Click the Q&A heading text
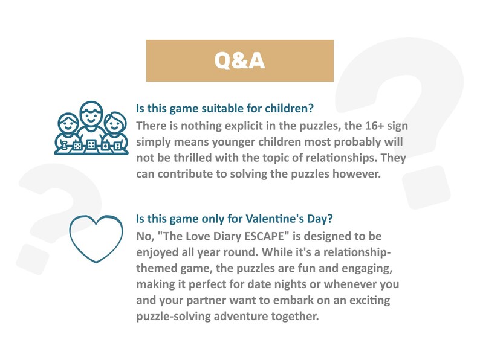[240, 61]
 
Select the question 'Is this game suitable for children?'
[224, 109]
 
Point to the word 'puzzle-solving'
[174, 315]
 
